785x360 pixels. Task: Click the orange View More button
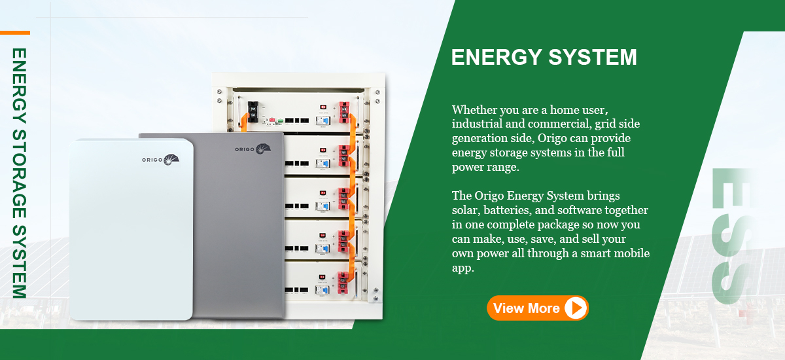537,308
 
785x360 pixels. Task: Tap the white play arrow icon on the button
575,308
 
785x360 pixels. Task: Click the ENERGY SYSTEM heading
544,57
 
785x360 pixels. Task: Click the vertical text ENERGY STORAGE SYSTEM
19,173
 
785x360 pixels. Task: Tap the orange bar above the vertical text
14,32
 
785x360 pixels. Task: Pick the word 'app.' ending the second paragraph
462,268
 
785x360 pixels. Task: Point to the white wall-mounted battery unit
131,229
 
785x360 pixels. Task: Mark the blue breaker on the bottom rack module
321,289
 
